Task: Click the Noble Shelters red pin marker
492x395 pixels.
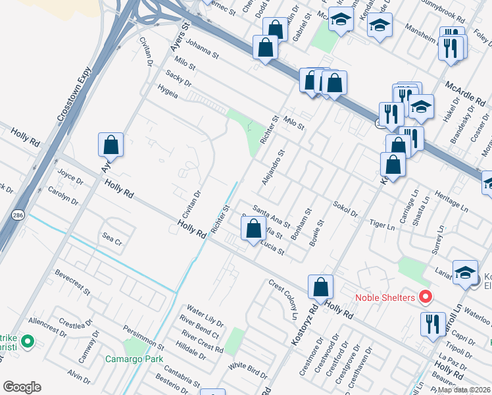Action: click(x=425, y=298)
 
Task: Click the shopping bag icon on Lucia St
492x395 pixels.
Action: click(x=254, y=229)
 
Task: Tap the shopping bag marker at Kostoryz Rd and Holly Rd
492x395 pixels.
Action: click(x=320, y=287)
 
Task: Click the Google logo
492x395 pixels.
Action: click(x=22, y=386)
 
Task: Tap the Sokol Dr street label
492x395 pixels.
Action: click(x=345, y=209)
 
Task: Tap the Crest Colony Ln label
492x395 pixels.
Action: click(x=283, y=298)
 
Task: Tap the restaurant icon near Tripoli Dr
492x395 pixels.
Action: click(x=432, y=324)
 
